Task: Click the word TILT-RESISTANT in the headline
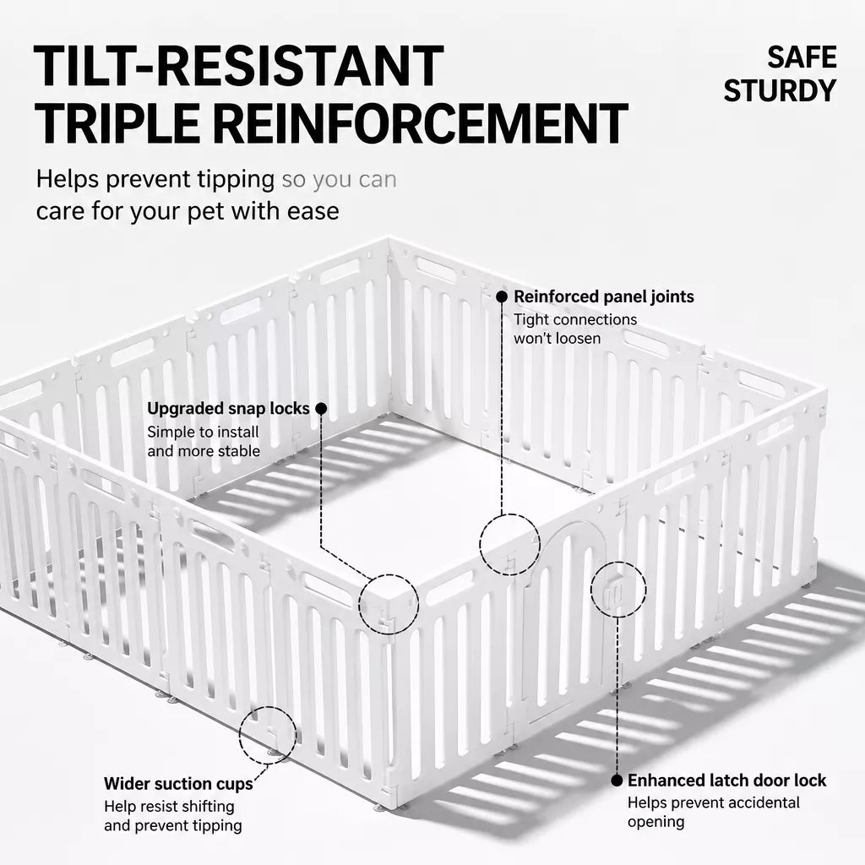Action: coord(238,66)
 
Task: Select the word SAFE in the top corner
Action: coord(802,57)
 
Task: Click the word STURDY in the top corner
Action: coord(780,91)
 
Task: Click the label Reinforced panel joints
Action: coord(603,296)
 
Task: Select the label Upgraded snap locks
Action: coord(228,408)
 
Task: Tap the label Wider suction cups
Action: coord(178,783)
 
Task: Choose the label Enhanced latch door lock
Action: coord(726,781)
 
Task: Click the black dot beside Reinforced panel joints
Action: coord(502,296)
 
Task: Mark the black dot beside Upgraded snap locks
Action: coord(321,409)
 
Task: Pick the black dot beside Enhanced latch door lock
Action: coord(617,781)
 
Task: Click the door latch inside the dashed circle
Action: coord(616,590)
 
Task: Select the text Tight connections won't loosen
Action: coord(574,329)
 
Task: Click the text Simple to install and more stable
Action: coord(204,441)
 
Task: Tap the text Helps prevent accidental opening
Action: coord(713,812)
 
